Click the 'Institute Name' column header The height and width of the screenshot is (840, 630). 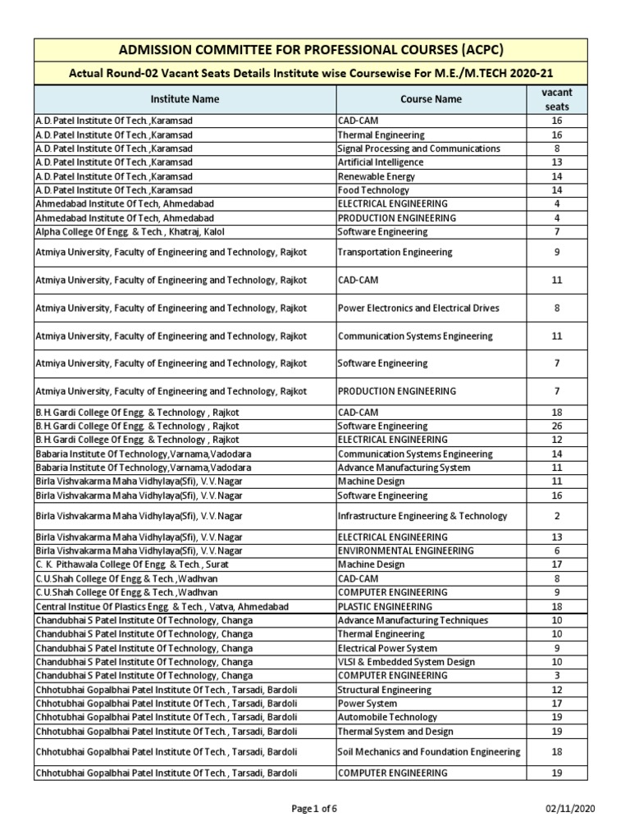click(185, 99)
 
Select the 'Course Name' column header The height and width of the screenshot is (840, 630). click(431, 99)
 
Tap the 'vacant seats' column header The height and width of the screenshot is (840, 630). click(556, 99)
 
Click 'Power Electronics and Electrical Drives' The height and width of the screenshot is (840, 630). click(418, 308)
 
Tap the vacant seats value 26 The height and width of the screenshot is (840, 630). click(556, 427)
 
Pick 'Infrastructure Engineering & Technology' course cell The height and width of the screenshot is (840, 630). click(422, 516)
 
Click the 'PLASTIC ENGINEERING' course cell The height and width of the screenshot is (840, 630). click(385, 606)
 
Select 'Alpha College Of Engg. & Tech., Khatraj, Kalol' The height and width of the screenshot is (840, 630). click(130, 231)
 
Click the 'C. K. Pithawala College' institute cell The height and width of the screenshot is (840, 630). click(131, 564)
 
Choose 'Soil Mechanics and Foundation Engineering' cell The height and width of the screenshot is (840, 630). click(429, 751)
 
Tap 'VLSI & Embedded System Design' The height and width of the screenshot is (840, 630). click(406, 662)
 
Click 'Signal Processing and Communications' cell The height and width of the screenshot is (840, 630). click(418, 148)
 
